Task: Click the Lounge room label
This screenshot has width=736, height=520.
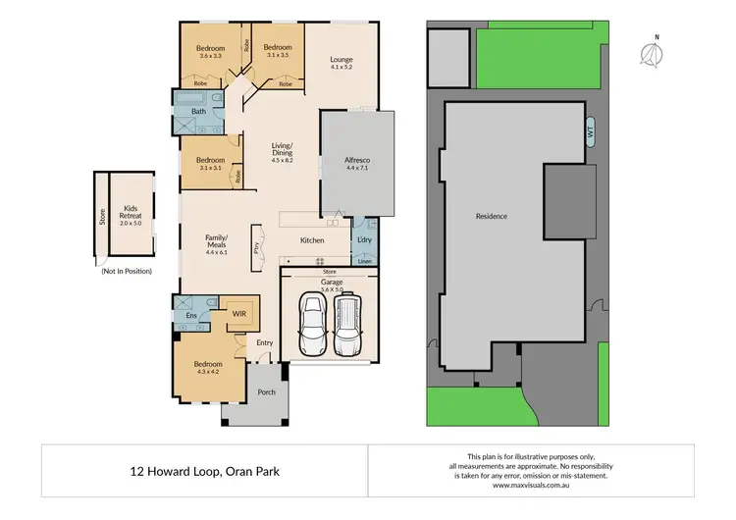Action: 341,60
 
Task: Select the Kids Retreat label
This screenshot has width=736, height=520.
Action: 131,208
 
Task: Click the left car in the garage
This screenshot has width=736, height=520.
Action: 313,328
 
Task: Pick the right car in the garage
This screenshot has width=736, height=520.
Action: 346,328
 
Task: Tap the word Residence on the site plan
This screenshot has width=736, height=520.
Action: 491,216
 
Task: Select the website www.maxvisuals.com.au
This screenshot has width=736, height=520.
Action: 530,485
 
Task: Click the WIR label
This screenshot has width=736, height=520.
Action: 238,314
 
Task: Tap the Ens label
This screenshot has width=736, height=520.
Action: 191,316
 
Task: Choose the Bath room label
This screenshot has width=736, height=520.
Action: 198,112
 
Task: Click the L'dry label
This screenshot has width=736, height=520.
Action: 363,239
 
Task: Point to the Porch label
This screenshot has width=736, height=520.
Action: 266,392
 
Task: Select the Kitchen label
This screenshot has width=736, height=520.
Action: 312,240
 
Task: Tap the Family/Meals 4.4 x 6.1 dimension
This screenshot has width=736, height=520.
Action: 216,252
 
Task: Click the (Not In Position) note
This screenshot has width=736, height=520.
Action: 126,271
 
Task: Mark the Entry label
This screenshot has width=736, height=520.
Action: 265,342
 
